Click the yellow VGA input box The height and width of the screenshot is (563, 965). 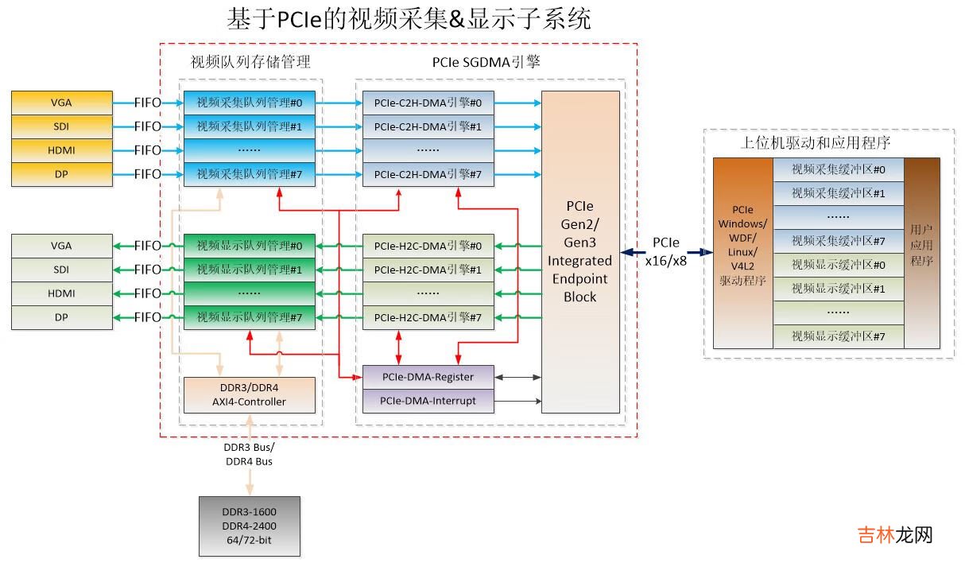coord(61,103)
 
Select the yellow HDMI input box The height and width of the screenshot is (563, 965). coord(61,150)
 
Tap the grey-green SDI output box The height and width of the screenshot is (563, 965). coord(61,270)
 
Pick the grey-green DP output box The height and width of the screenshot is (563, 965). coord(61,317)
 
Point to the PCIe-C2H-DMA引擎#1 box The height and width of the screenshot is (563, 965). coord(428,126)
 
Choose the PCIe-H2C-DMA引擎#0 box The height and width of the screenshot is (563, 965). coord(428,246)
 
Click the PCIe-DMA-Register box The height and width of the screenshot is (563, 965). coord(428,377)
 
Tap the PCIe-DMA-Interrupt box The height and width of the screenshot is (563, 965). coord(428,401)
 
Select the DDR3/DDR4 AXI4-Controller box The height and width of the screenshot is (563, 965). coord(249,394)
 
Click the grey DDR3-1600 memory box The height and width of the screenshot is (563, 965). coord(250,526)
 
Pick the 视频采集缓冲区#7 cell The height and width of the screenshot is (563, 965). coord(839,241)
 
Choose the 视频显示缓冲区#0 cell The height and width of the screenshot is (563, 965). coord(839,265)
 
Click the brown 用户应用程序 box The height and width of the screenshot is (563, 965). coord(922,252)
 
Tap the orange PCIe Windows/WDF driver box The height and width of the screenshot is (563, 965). coord(742,252)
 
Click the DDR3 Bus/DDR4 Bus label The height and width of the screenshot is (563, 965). coord(250,455)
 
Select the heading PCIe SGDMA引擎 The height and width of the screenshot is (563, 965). coord(486,62)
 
